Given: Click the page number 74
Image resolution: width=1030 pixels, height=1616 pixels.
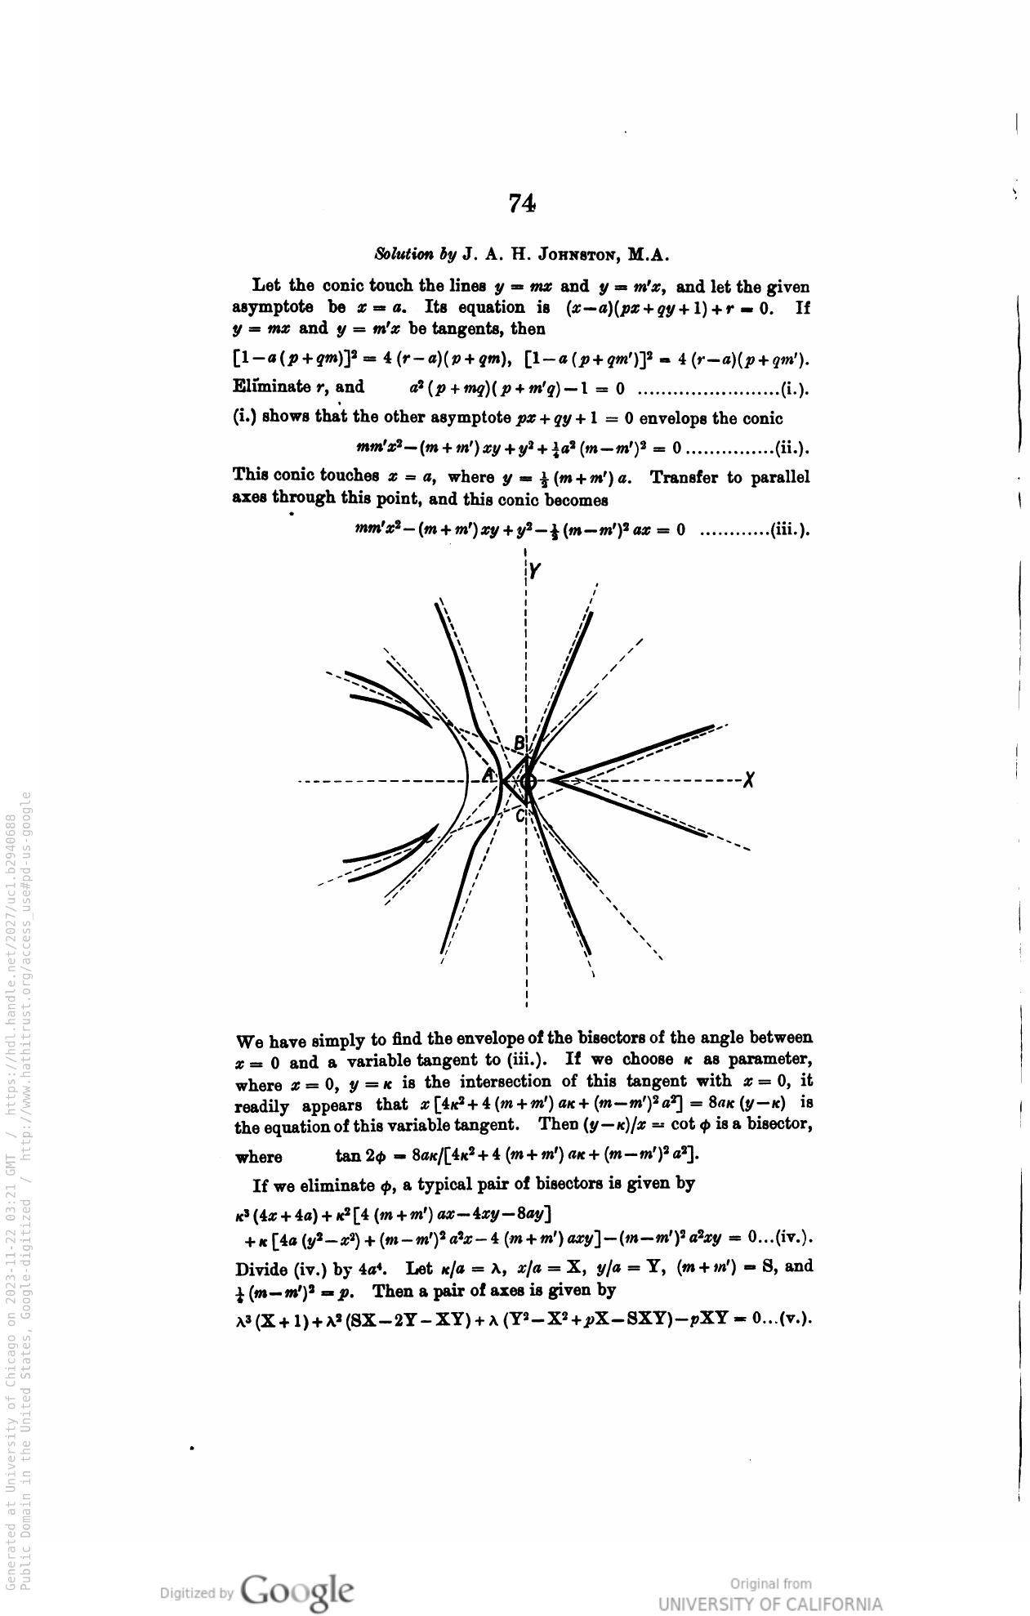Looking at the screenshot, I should tap(521, 203).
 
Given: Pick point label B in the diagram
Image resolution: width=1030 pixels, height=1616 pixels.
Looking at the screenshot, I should tap(519, 743).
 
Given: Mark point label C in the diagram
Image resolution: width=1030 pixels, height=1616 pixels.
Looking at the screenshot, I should tap(519, 815).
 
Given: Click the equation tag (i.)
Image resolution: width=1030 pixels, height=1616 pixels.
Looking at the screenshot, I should tap(796, 386).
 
